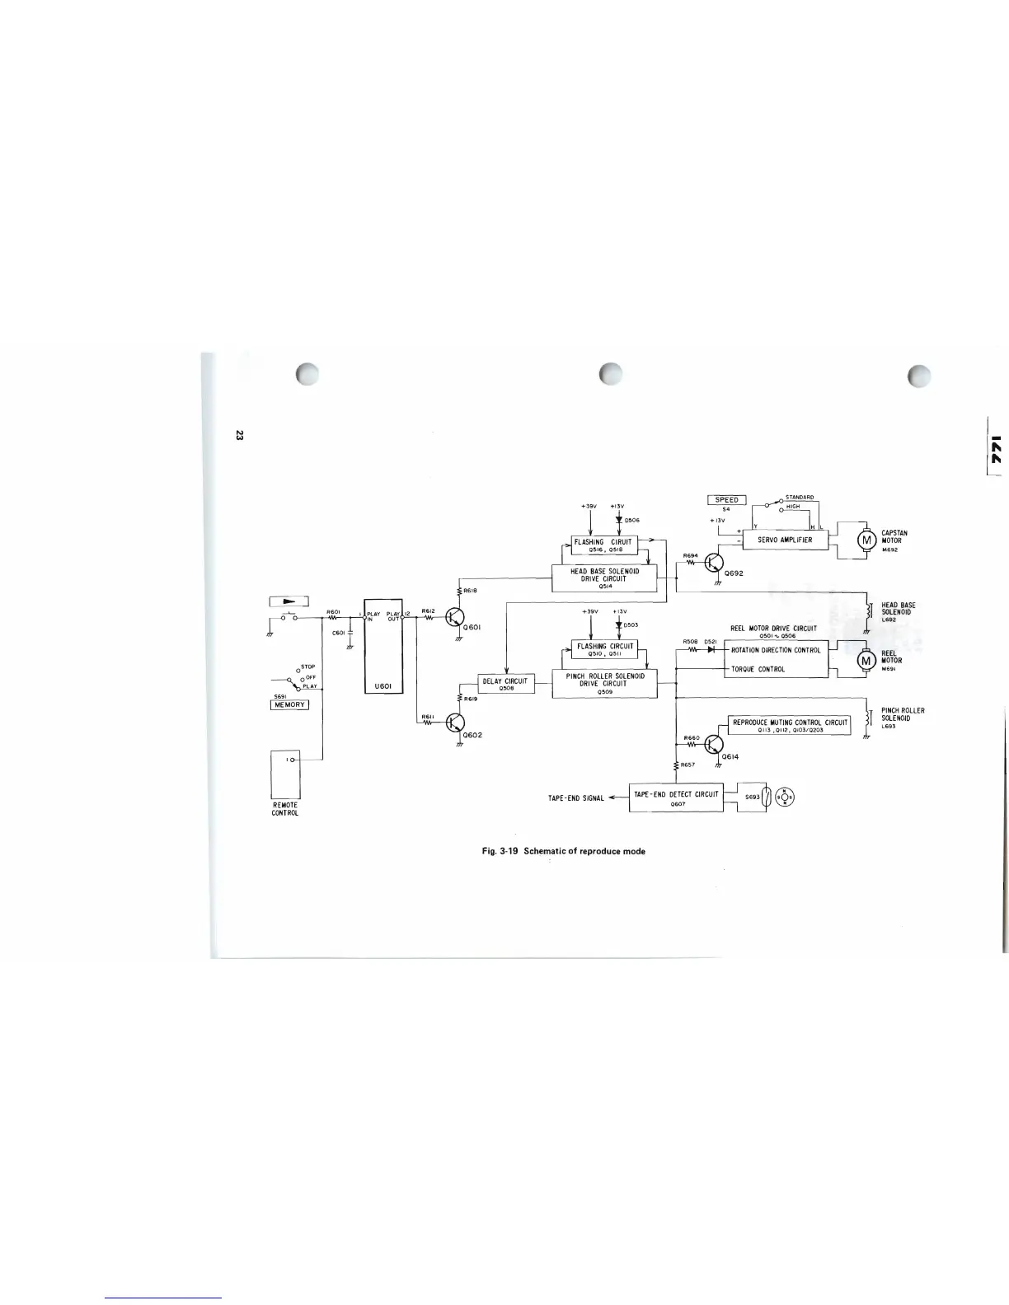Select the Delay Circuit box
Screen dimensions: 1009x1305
[x=508, y=684]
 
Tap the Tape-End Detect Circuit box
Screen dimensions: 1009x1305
[x=676, y=797]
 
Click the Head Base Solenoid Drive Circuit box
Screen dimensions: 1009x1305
[x=603, y=578]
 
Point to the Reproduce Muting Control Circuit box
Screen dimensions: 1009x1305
[x=789, y=725]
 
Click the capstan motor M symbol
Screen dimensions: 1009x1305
[x=866, y=540]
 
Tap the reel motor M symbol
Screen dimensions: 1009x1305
[x=866, y=659]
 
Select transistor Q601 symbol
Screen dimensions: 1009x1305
[x=455, y=617]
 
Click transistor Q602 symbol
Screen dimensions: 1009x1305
[x=455, y=723]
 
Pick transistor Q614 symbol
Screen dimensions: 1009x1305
[x=714, y=746]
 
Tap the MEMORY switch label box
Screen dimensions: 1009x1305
[x=289, y=704]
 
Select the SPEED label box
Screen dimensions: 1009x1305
[x=726, y=499]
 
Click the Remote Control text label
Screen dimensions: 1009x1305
[x=285, y=808]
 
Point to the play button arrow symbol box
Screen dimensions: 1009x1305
[x=289, y=601]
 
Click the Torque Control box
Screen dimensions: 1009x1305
[x=775, y=669]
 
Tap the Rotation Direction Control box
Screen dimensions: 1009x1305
[x=775, y=649]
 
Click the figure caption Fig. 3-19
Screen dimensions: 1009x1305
[x=563, y=851]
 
